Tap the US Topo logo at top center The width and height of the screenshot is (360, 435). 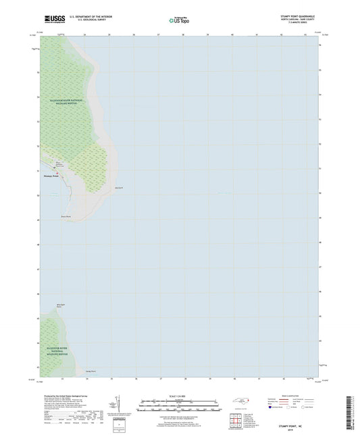click(x=179, y=21)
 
